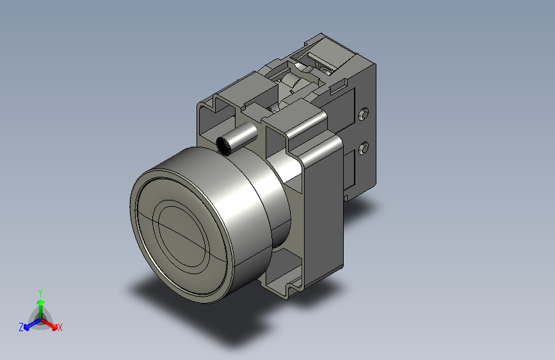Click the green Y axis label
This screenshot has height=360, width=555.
[x=40, y=293]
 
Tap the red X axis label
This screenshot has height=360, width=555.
[x=60, y=327]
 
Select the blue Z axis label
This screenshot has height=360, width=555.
[x=21, y=327]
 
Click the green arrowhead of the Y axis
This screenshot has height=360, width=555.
[x=41, y=302]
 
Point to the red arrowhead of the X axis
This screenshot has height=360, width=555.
[x=54, y=327]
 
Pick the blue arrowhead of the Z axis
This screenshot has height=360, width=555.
[x=26, y=327]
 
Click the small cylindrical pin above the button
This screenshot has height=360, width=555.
[x=236, y=138]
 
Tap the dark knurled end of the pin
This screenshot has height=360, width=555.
[x=223, y=146]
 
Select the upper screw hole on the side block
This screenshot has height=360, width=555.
[x=364, y=114]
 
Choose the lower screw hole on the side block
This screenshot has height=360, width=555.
[x=364, y=148]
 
